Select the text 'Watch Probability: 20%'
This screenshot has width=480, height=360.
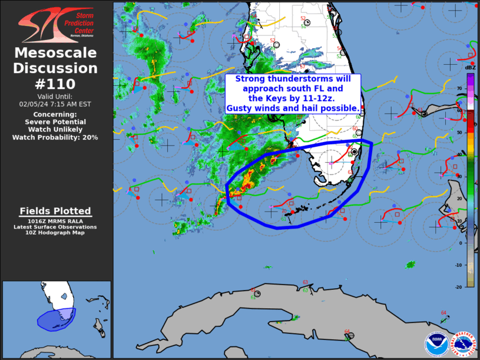(55, 137)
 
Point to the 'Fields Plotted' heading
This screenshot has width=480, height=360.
(55, 211)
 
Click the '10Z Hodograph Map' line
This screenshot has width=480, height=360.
(55, 233)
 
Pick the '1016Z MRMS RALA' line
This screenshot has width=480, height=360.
(55, 222)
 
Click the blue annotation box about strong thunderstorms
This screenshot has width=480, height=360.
(293, 94)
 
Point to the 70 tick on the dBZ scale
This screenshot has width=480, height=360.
(459, 88)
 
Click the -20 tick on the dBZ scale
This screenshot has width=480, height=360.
(458, 286)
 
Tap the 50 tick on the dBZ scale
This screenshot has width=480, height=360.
(459, 133)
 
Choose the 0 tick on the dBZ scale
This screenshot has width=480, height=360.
(461, 242)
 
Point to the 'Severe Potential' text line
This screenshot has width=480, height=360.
(55, 122)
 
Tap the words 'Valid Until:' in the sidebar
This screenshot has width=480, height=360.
(55, 96)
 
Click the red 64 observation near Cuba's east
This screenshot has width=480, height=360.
(443, 312)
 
